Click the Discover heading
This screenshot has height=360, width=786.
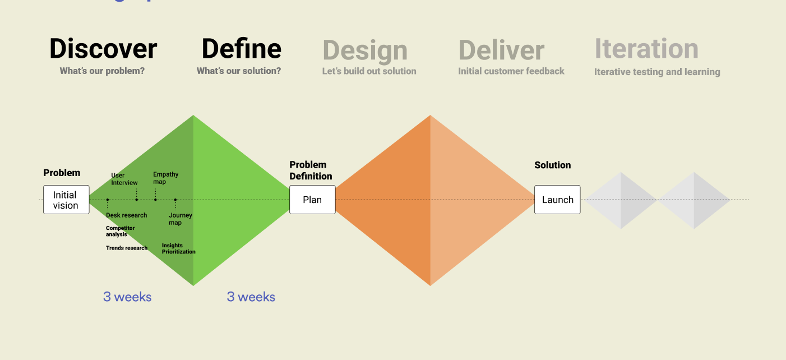[x=103, y=48]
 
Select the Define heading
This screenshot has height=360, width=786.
[x=242, y=48]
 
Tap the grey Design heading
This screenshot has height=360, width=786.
[x=365, y=51]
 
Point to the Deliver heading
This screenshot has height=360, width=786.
[x=501, y=50]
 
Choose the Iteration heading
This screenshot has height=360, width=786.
[x=646, y=48]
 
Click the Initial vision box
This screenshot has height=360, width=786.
[x=66, y=200]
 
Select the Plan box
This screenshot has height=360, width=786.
[x=312, y=200]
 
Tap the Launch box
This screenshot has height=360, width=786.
[x=557, y=200]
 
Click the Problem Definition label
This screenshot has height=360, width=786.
[x=311, y=170]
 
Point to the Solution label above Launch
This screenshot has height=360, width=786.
[x=552, y=165]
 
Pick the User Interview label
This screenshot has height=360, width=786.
[x=124, y=179]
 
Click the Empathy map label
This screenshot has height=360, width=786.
[x=165, y=178]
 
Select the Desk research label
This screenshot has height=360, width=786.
[x=126, y=215]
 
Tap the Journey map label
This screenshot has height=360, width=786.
[x=181, y=219]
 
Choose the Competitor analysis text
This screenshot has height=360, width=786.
[x=120, y=231]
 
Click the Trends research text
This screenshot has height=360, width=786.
[x=127, y=248]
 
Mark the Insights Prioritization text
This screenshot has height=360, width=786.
[x=179, y=248]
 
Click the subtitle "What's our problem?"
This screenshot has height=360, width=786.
[x=102, y=71]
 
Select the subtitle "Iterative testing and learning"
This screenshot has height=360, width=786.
[x=657, y=72]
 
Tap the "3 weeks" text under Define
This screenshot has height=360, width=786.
[x=251, y=297]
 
